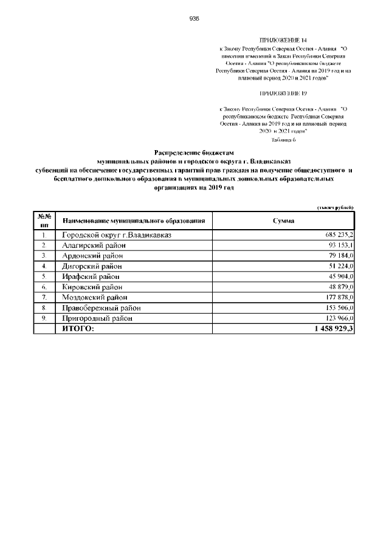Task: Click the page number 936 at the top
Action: (x=194, y=19)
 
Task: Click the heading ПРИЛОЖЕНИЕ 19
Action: (x=283, y=94)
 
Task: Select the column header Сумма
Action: (x=283, y=220)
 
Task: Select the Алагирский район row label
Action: (x=94, y=245)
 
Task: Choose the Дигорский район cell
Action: (x=94, y=266)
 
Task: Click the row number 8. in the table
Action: (x=44, y=308)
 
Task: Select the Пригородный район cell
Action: (x=97, y=318)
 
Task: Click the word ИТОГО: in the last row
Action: (x=78, y=328)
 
